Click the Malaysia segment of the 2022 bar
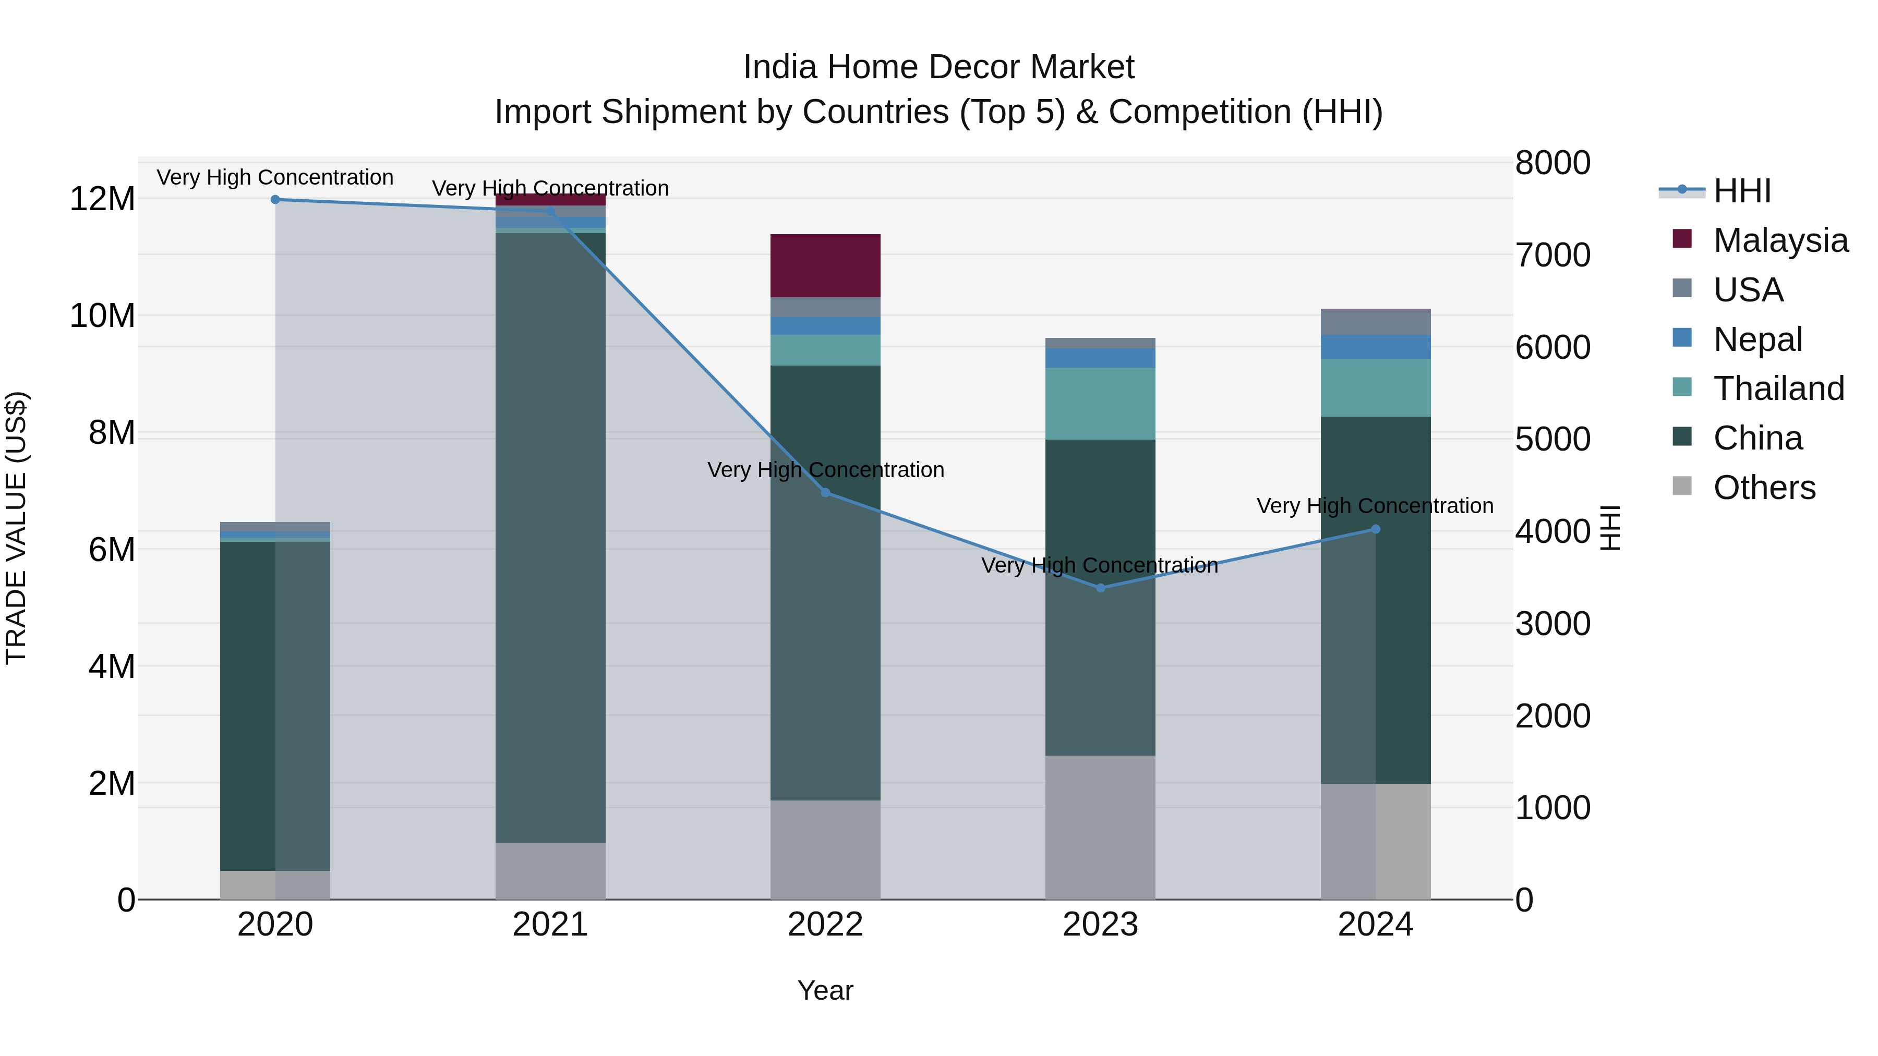coord(825,265)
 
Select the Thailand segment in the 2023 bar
coord(1100,403)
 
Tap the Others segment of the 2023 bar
coord(1100,827)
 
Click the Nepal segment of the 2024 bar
coord(1376,346)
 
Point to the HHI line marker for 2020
coord(275,200)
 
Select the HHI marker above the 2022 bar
coord(825,493)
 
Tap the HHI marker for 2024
coord(1376,529)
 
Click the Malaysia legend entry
coord(1779,240)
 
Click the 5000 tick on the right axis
coord(1552,440)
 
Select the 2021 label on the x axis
coord(550,925)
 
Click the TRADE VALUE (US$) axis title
coord(16,528)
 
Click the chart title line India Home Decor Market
coord(938,67)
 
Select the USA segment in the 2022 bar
coord(825,307)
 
